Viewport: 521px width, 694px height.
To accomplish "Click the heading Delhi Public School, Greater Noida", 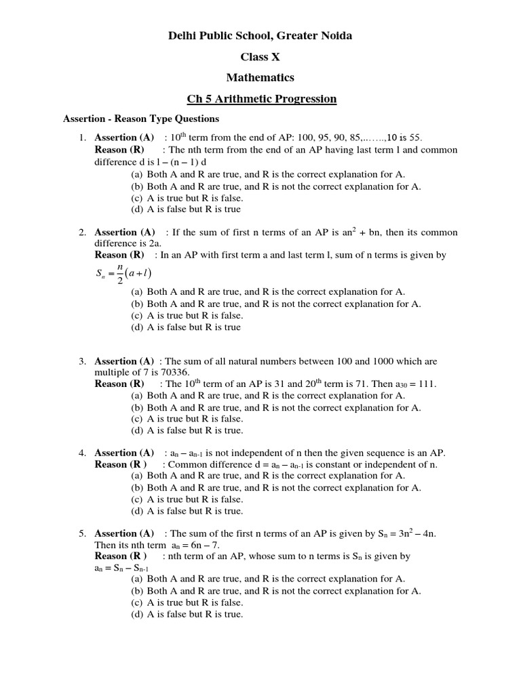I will [x=260, y=35].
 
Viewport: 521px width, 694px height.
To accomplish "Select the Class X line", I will [x=260, y=57].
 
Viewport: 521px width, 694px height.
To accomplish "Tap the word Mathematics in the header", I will [x=260, y=78].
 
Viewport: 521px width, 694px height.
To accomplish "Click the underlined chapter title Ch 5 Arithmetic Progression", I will [x=262, y=99].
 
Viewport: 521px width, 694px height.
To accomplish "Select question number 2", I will [x=81, y=232].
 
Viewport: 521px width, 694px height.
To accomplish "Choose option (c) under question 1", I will [x=187, y=198].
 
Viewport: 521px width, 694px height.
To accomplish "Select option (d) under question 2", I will [x=185, y=327].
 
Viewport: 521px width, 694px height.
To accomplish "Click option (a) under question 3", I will [x=268, y=396].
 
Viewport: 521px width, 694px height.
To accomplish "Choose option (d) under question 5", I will [x=187, y=615].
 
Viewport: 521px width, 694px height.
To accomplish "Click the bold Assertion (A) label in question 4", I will [x=124, y=453].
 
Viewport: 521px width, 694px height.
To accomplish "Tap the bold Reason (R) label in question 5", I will [x=120, y=556].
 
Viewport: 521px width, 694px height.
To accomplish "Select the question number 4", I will [x=81, y=453].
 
